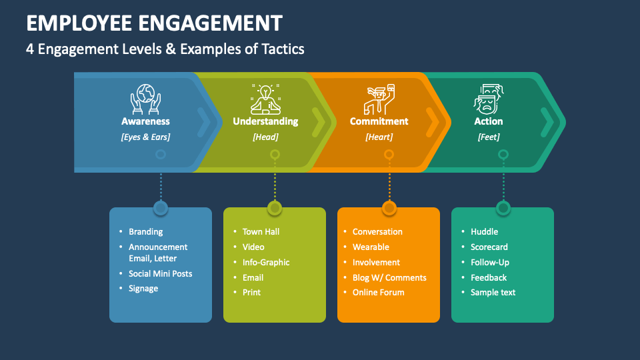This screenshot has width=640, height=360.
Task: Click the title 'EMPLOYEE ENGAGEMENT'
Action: tap(154, 23)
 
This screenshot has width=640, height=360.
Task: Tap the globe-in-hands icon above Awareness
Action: tap(145, 98)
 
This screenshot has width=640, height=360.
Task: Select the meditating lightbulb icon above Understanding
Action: tap(265, 98)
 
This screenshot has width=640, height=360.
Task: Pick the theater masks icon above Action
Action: tap(489, 98)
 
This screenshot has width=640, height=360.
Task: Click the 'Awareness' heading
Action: tap(145, 121)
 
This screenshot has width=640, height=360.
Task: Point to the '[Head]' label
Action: tap(265, 137)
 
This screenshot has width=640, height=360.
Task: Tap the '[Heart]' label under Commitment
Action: tap(379, 137)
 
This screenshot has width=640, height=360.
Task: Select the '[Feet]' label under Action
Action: tap(489, 137)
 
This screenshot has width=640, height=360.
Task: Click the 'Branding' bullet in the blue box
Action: tap(145, 232)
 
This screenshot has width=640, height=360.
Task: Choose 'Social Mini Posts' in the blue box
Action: tap(160, 274)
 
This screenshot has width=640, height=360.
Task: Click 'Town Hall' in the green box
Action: tap(261, 232)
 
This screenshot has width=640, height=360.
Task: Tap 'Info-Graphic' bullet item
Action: tap(266, 263)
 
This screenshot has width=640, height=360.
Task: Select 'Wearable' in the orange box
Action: tap(371, 247)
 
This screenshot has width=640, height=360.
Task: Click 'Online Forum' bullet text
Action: tap(378, 293)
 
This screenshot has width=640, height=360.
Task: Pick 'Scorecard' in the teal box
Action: tap(489, 247)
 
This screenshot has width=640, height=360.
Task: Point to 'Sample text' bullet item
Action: tap(493, 293)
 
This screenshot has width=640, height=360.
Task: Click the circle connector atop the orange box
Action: tap(389, 208)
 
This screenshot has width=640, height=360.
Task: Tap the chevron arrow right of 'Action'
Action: tap(547, 122)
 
